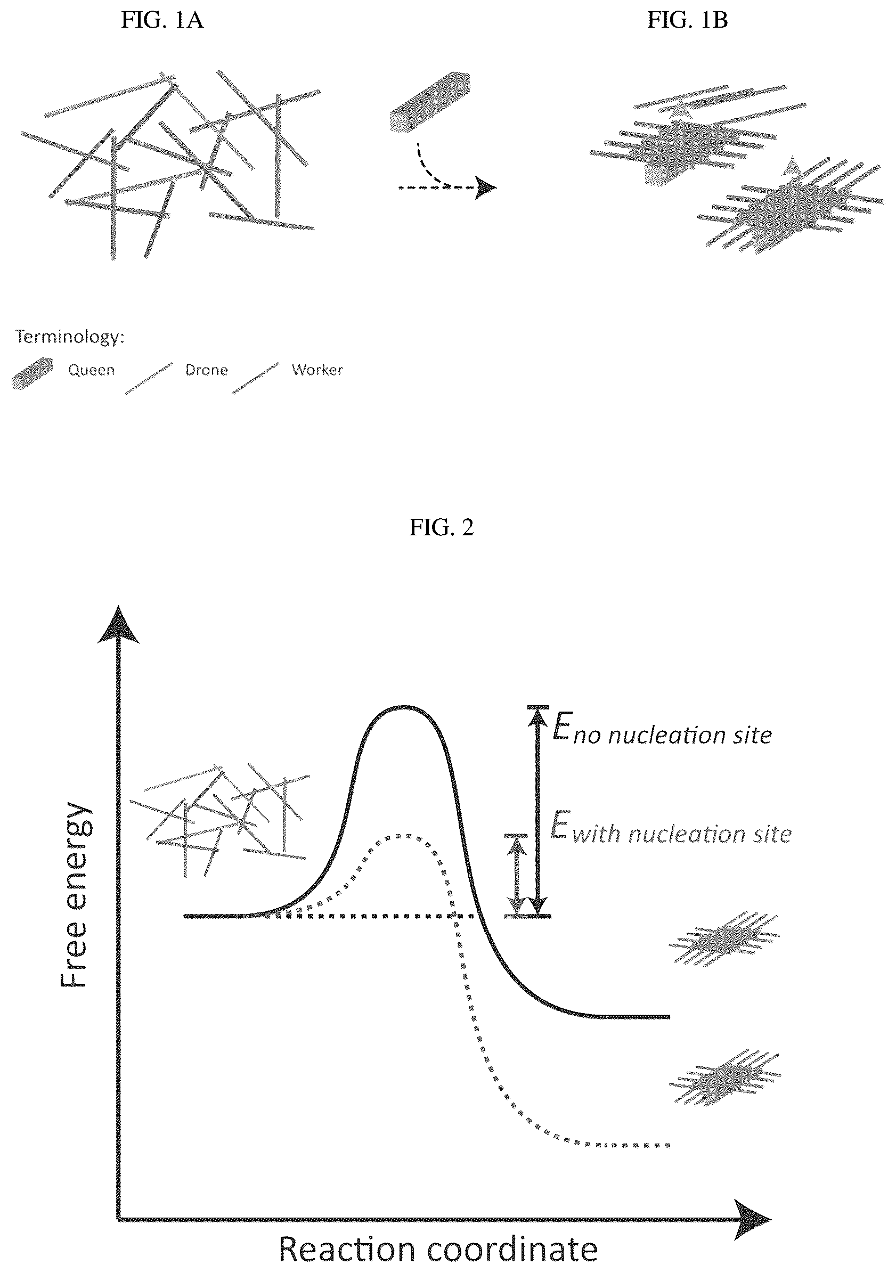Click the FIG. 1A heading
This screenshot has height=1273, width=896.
pos(162,21)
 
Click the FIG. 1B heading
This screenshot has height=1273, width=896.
pos(688,21)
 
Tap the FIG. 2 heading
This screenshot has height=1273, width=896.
pos(442,527)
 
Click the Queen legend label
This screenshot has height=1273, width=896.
pos(92,370)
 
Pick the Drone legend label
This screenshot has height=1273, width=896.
pos(206,370)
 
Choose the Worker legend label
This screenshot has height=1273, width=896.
pos(317,370)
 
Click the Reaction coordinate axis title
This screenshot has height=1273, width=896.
pos(438,1248)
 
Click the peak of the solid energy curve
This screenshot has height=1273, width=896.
pos(405,707)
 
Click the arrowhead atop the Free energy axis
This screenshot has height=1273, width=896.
pos(118,625)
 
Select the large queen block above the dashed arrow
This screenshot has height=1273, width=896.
pos(430,103)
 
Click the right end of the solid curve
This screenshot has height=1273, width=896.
pos(670,1017)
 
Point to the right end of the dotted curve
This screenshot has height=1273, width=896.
pos(669,1146)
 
